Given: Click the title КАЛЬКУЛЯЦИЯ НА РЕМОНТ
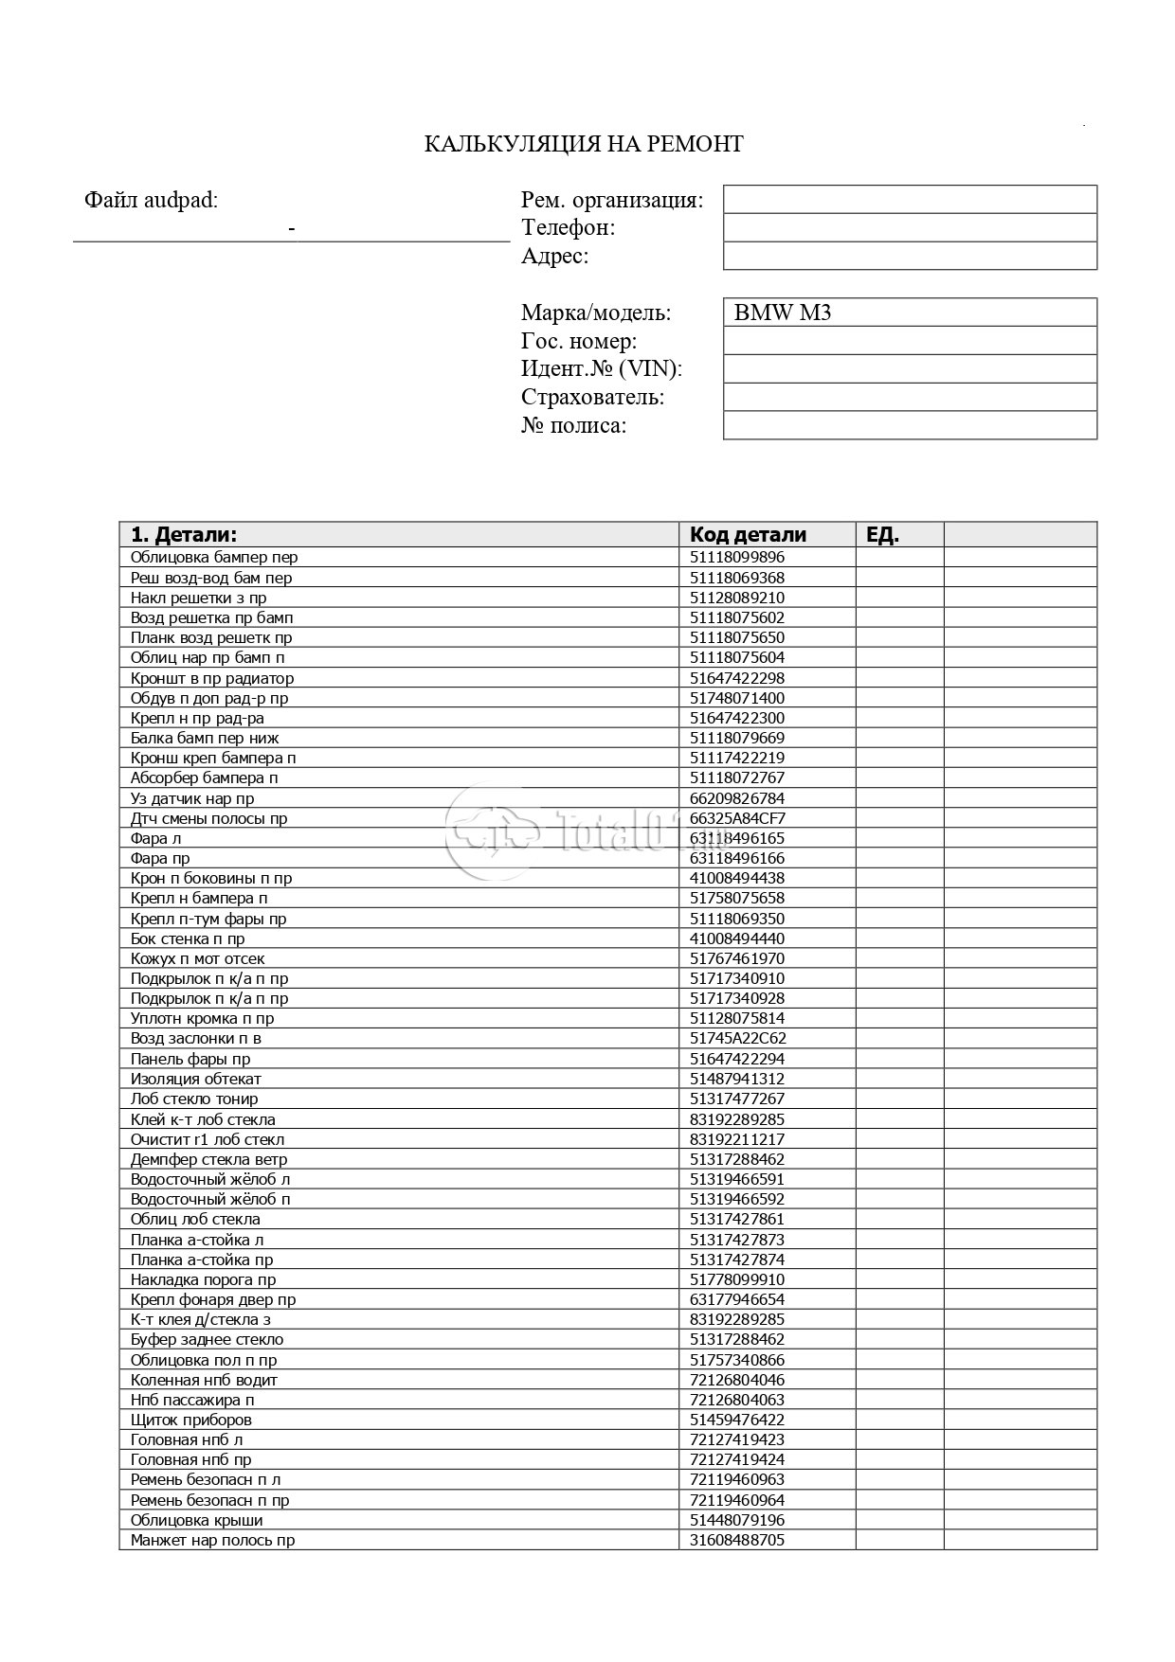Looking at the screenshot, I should tap(583, 144).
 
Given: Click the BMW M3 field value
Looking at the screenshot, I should tap(782, 313).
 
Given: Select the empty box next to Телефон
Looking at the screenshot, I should tap(909, 227).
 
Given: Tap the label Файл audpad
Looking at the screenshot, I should tap(151, 200).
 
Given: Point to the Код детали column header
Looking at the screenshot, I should tap(748, 534).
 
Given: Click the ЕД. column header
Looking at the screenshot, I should tap(882, 534).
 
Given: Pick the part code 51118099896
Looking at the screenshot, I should tap(737, 558).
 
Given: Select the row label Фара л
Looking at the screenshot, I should tap(155, 838).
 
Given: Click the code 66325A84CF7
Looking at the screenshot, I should tap(737, 818).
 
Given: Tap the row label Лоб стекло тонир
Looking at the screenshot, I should tap(194, 1099).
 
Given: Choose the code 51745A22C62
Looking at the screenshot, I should tap(737, 1038).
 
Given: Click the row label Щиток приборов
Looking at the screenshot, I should tap(190, 1420).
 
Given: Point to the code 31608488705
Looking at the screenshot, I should tap(737, 1540).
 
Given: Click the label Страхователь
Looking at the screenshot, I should tap(592, 397).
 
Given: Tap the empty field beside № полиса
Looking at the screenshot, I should tap(909, 425).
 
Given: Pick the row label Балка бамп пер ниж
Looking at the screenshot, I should tap(205, 738).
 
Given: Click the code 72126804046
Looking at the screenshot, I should tap(737, 1380).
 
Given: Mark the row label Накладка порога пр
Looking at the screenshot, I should tap(203, 1279).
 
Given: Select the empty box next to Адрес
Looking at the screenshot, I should tap(909, 256).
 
